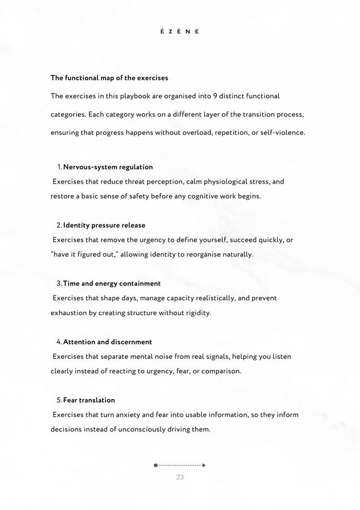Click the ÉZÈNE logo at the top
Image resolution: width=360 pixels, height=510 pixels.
[180, 32]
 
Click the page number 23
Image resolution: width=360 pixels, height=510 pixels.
[180, 477]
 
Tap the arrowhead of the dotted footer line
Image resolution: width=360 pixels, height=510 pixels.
[204, 465]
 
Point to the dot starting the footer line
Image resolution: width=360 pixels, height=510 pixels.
[156, 465]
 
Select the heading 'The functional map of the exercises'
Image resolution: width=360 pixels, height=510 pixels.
[109, 78]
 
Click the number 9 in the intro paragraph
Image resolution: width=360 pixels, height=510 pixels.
[215, 96]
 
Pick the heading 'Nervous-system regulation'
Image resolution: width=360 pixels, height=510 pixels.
[108, 167]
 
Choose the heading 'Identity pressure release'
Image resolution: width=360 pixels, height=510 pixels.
[104, 225]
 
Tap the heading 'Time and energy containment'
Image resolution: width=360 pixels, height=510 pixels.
[112, 283]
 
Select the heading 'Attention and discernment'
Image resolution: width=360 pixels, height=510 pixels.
[107, 342]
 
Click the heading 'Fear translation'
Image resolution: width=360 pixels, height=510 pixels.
[88, 400]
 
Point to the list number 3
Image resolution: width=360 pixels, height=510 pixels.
[59, 283]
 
